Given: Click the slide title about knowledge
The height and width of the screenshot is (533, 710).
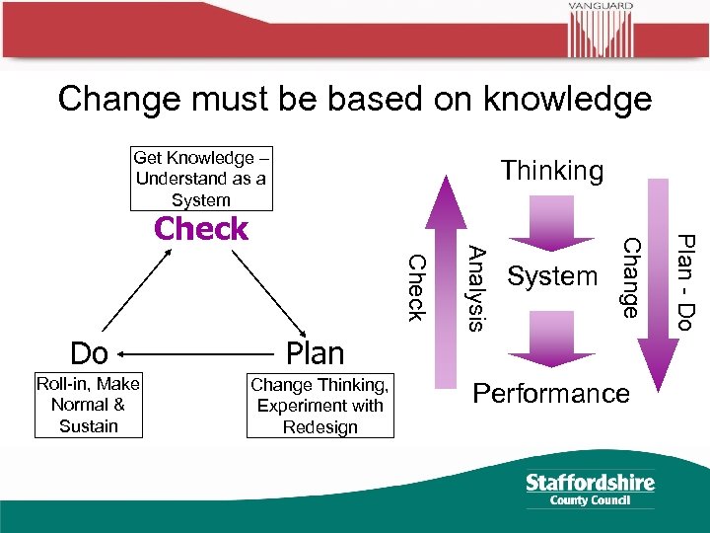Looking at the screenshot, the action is [355, 99].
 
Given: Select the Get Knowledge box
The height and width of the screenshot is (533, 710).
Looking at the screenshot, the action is [200, 179].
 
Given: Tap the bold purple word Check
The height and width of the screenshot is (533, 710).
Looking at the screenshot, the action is [201, 229].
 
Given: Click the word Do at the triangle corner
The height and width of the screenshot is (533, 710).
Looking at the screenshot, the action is [89, 352].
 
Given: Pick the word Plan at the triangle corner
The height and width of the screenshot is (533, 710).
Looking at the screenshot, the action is [315, 352].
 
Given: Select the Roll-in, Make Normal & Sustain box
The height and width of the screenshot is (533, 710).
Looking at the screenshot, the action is [89, 405].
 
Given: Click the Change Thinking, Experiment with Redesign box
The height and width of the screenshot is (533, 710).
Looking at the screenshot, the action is [319, 406].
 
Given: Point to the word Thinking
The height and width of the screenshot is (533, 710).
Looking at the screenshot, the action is [551, 171].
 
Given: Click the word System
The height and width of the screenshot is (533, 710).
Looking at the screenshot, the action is [552, 276].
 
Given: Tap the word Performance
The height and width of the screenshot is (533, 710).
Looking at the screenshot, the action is [551, 394].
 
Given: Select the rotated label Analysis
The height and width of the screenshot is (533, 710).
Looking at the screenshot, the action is [476, 286].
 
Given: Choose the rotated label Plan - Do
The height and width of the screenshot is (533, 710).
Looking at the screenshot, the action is [687, 280].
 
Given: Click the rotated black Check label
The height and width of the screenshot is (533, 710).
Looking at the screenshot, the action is [417, 287].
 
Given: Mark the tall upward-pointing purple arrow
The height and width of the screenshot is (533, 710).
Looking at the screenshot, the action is [447, 286].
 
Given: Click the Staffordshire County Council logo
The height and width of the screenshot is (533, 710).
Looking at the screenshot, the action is [590, 489].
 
